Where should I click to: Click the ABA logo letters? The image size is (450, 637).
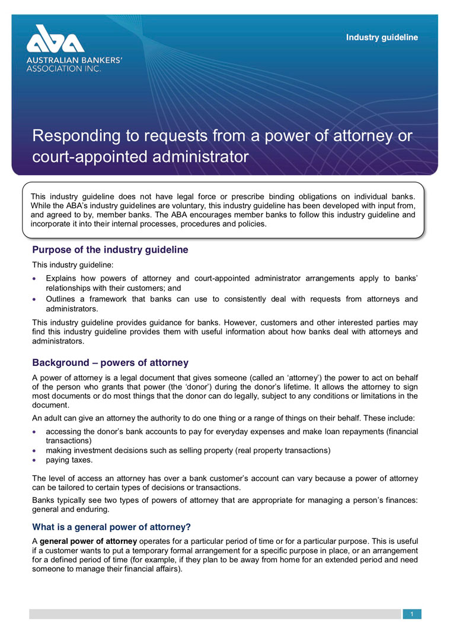55,41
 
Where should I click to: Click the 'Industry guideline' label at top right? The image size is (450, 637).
382,37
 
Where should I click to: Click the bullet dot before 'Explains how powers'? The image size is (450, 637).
36,278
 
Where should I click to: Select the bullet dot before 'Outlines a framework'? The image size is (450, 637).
36,300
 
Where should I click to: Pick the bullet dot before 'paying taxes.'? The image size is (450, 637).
36,460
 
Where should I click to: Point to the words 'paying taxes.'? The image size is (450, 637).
69,460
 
